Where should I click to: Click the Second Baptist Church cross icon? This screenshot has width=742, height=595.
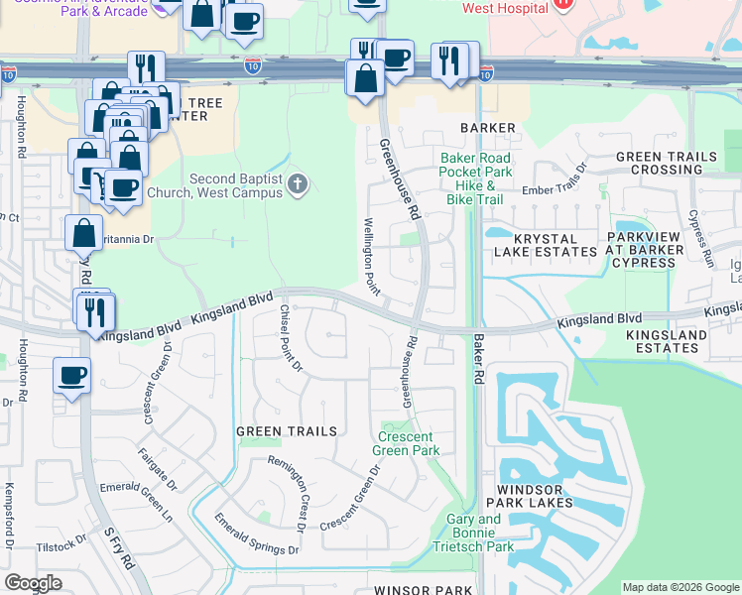click(x=297, y=184)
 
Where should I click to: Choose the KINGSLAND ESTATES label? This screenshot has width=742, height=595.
click(x=667, y=342)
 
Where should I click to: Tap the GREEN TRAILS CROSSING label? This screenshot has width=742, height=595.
click(x=666, y=164)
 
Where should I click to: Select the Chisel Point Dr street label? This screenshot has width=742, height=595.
click(x=290, y=339)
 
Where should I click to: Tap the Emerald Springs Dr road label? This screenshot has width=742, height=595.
click(x=257, y=535)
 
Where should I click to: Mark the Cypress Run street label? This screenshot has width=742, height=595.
click(x=700, y=238)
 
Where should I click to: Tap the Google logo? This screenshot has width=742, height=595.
click(x=33, y=583)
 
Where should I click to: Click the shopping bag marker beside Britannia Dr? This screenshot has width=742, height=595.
click(x=83, y=233)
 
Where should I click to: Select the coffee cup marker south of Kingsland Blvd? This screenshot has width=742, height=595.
click(x=72, y=377)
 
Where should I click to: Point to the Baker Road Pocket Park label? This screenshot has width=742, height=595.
click(x=476, y=165)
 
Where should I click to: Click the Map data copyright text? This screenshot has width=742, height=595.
click(x=680, y=587)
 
